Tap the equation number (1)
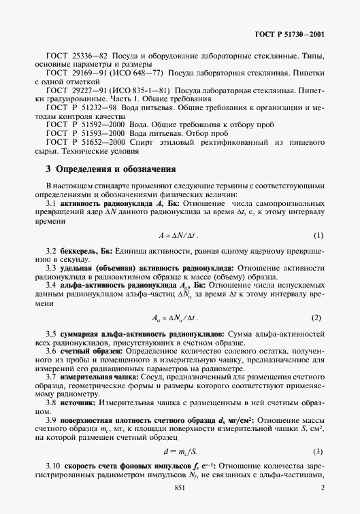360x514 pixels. (318, 235)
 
